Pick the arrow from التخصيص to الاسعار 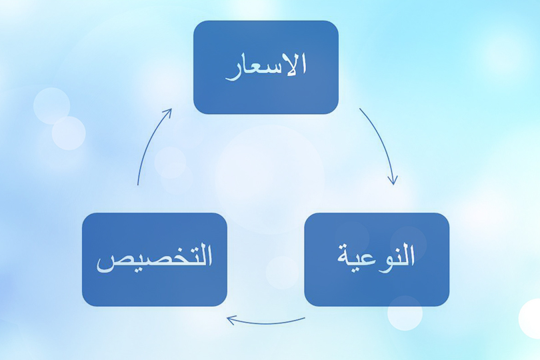(149, 143)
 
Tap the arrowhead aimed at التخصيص (230, 319)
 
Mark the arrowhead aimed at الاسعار (169, 111)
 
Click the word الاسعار (265, 66)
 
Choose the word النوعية (376, 256)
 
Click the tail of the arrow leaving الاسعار (361, 109)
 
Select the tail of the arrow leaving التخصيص (138, 184)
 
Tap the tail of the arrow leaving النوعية (304, 319)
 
